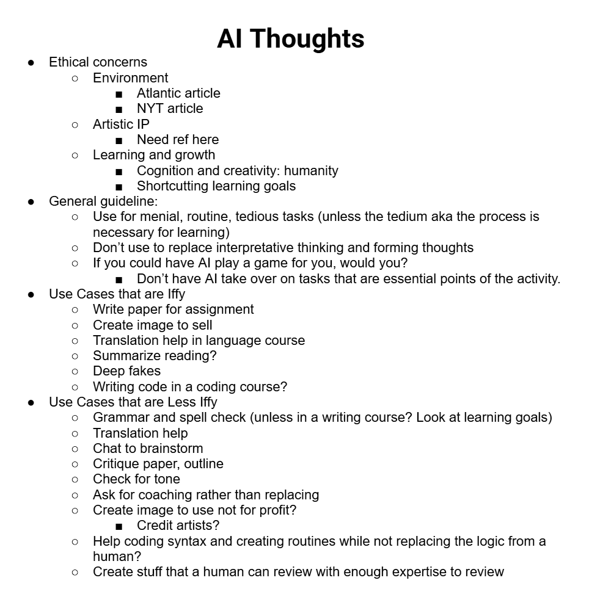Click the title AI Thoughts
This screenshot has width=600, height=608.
(290, 38)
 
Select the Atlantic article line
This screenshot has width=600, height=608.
(178, 93)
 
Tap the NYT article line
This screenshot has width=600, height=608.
(170, 109)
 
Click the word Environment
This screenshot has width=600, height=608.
(130, 78)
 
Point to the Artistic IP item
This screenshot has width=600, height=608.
(121, 125)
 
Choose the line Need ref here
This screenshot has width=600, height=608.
(177, 140)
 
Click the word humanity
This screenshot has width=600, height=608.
(311, 171)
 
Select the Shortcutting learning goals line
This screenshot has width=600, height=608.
(216, 186)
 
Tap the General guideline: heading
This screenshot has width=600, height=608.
(103, 201)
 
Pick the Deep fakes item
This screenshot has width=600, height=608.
(126, 371)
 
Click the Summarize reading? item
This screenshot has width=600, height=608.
(155, 356)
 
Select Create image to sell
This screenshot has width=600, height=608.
(152, 325)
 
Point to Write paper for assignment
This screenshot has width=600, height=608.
(173, 309)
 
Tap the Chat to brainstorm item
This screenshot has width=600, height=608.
(148, 449)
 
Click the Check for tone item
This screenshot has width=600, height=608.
(136, 479)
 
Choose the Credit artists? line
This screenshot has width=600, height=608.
(178, 526)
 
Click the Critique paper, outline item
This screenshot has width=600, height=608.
(158, 464)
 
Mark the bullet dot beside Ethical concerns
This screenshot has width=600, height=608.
(31, 63)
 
